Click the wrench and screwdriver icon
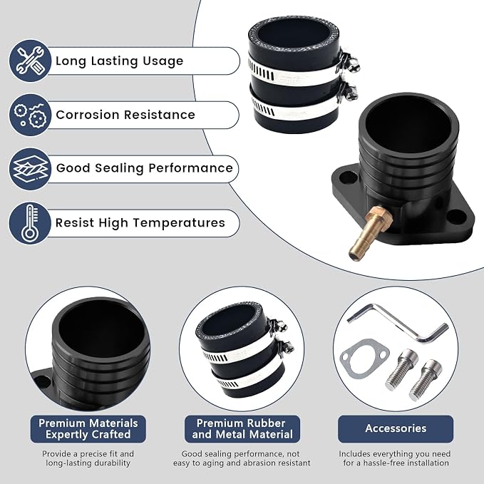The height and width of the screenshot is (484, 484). (x=30, y=61)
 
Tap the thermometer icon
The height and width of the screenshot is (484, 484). (x=30, y=223)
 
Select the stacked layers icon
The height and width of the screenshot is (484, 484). (x=30, y=169)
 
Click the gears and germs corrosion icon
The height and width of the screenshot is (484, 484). (x=30, y=115)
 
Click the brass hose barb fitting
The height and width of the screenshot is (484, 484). (x=370, y=234)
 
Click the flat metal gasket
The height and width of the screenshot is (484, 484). (x=364, y=359)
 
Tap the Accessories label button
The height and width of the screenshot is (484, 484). (x=396, y=428)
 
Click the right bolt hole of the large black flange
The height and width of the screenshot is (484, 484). (x=456, y=217)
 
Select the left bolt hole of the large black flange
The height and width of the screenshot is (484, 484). (x=348, y=178)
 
